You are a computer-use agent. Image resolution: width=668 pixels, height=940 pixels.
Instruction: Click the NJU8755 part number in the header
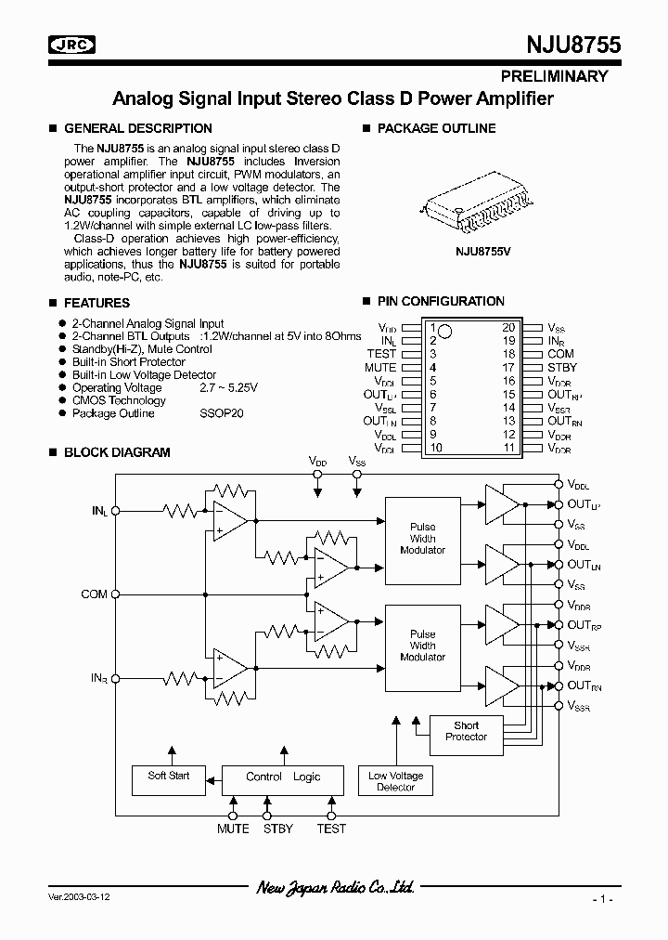click(x=568, y=44)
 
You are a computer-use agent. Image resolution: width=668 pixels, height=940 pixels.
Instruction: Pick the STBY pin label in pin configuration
click(x=561, y=368)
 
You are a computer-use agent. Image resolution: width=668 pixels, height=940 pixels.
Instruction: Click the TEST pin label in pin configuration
click(x=381, y=354)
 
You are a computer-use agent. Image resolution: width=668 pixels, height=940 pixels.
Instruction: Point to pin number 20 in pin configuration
click(x=508, y=328)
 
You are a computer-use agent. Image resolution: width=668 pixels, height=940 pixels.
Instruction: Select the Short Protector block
click(x=466, y=731)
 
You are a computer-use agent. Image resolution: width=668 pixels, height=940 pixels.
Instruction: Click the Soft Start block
click(x=169, y=776)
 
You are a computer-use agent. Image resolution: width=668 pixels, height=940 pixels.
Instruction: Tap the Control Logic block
click(x=283, y=777)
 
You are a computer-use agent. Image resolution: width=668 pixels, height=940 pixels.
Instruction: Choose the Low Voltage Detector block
click(x=396, y=781)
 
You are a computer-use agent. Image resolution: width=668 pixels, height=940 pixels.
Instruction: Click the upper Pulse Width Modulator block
click(x=422, y=538)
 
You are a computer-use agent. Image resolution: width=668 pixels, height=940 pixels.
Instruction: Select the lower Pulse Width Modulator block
click(x=422, y=646)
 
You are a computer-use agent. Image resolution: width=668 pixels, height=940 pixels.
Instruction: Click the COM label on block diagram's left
click(x=94, y=594)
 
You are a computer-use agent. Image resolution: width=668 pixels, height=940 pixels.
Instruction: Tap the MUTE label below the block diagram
click(x=233, y=829)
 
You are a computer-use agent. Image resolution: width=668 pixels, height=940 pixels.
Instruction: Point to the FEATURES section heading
click(x=96, y=303)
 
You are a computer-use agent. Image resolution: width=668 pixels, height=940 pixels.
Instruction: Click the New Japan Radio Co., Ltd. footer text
click(x=335, y=888)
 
